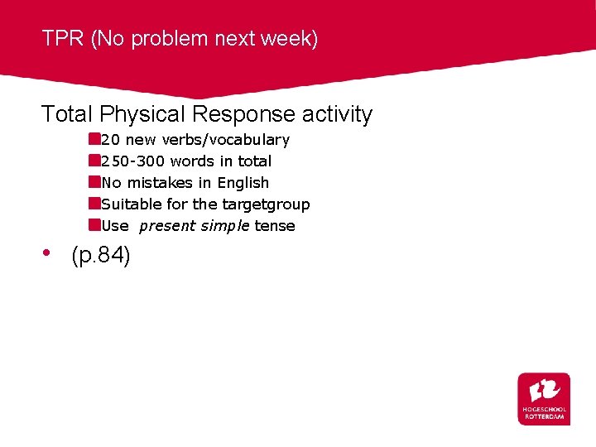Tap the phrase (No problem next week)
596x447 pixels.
pos(204,39)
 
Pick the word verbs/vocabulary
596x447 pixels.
pos(225,140)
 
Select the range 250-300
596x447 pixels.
pos(132,161)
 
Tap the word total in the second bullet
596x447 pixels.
pos(254,161)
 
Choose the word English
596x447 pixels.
pos(243,183)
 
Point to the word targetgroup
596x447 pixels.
pos(266,204)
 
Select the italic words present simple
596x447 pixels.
pos(195,226)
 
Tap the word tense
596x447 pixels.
pos(275,226)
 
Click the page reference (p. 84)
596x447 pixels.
pos(101,257)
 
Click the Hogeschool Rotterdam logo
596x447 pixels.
pos(544,399)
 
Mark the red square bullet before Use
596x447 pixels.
pos(95,225)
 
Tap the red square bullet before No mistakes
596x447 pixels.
pos(95,182)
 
